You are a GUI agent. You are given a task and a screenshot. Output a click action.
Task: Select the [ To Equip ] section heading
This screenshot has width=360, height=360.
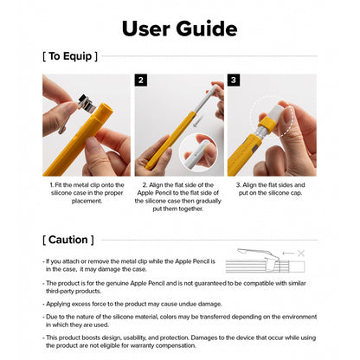70,57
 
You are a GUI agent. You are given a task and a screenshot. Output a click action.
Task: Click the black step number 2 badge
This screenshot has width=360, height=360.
140,80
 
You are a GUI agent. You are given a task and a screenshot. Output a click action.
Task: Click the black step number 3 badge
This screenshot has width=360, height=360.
233,80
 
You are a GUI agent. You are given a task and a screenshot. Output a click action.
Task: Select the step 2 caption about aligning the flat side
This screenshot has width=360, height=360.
179,196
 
